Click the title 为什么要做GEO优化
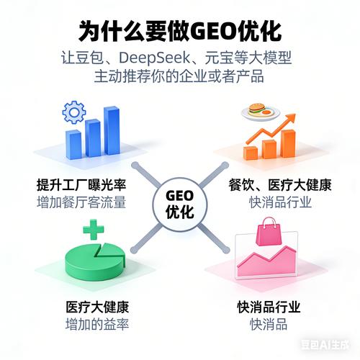tap(180, 32)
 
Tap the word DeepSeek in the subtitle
tap(154, 58)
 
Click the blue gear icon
tap(73, 112)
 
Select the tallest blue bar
tap(112, 131)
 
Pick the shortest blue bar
tap(73, 145)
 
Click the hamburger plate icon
tap(261, 112)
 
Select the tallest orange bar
tap(288, 143)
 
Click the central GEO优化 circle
tap(180, 204)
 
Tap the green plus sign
tap(94, 230)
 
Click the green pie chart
tap(95, 261)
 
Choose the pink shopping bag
tap(269, 232)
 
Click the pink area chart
tap(266, 262)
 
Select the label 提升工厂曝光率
tap(81, 185)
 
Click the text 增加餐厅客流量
tap(81, 202)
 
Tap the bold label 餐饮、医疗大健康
tap(280, 185)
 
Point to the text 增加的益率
tap(97, 324)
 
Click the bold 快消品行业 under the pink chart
tap(269, 307)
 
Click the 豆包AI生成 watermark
tap(325, 345)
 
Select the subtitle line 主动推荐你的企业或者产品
tap(179, 76)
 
